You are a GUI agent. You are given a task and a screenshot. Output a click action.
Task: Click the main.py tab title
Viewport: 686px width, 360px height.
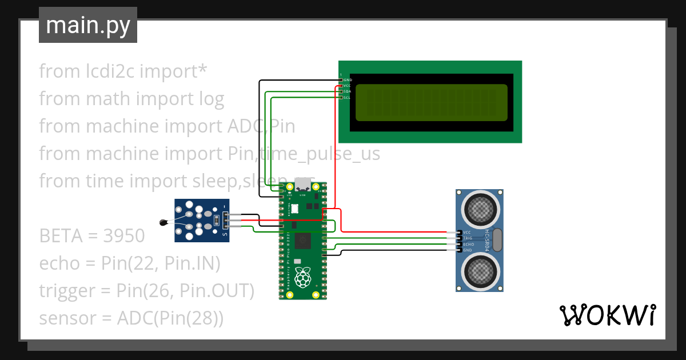pyautogui.click(x=88, y=26)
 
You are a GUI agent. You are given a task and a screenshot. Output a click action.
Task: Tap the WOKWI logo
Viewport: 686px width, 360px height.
pyautogui.click(x=607, y=315)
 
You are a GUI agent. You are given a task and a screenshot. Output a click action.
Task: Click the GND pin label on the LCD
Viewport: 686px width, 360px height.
pyautogui.click(x=347, y=80)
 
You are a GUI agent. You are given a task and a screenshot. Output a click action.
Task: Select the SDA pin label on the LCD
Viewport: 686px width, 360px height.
pyautogui.click(x=347, y=91)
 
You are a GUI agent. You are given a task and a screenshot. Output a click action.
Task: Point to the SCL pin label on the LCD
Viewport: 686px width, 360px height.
pyautogui.click(x=347, y=98)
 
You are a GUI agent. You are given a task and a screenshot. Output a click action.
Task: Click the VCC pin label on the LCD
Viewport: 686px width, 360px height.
pyautogui.click(x=347, y=86)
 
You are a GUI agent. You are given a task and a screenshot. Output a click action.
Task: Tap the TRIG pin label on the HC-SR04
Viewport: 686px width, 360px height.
pyautogui.click(x=468, y=238)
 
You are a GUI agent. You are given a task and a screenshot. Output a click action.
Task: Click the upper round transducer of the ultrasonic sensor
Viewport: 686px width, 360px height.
pyautogui.click(x=479, y=210)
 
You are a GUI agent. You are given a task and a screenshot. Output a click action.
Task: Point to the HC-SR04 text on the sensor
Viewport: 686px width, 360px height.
pyautogui.click(x=487, y=241)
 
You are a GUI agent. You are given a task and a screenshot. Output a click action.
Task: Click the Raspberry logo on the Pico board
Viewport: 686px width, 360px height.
pyautogui.click(x=302, y=277)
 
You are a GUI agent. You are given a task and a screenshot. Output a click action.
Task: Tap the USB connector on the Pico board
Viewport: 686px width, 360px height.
pyautogui.click(x=302, y=185)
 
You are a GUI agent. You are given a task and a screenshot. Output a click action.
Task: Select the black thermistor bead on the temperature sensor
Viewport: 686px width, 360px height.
pyautogui.click(x=165, y=222)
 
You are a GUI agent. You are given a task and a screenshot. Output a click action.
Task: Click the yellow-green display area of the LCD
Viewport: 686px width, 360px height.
pyautogui.click(x=432, y=103)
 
